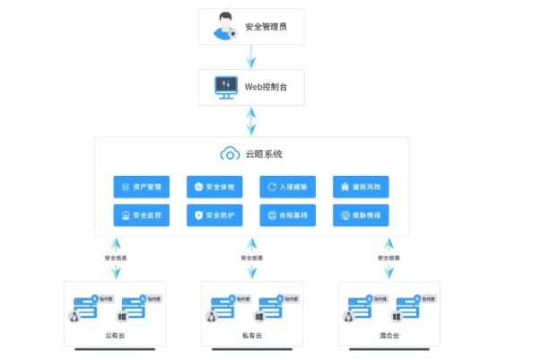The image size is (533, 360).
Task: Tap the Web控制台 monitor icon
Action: coord(224,87)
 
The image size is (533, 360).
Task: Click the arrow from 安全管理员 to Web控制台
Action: coord(251,57)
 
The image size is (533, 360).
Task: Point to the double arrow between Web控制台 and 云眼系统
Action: coord(251,120)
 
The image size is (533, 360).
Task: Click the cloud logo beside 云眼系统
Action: coord(230,154)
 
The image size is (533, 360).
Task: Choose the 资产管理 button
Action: coord(141,187)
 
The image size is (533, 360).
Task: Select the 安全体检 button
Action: coord(214,187)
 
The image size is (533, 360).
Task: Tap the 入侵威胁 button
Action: coord(287,187)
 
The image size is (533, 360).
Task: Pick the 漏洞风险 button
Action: coord(361,187)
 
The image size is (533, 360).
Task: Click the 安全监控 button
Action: coord(141,216)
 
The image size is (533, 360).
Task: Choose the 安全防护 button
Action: coord(214,216)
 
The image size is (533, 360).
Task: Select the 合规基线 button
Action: coord(287,216)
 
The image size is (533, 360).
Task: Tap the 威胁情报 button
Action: coord(361,216)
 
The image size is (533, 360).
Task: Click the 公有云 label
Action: coord(115,335)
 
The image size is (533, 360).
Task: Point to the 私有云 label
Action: coord(251,335)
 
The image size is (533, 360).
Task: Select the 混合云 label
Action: coord(389,335)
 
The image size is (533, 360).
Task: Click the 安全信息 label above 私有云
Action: coord(251,259)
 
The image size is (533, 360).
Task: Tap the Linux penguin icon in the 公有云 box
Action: coord(74,315)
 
